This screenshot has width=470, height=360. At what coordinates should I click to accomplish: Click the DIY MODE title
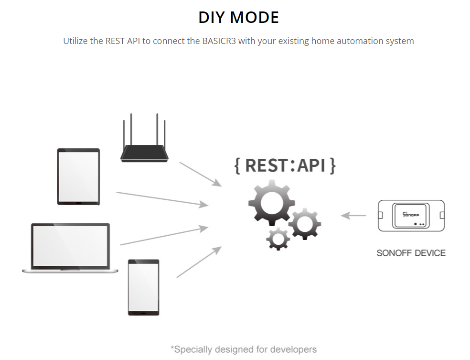[x=239, y=17]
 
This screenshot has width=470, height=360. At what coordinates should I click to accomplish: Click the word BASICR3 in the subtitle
[x=219, y=41]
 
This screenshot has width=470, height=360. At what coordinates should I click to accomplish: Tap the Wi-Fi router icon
[x=144, y=138]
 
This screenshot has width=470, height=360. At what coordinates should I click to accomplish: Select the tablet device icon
[x=78, y=177]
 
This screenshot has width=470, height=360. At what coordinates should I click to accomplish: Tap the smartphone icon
[x=144, y=287]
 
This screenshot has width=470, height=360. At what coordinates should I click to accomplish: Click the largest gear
[x=272, y=203]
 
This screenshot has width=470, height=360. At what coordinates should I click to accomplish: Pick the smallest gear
[x=278, y=239]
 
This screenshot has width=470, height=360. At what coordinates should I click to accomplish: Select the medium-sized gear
[x=305, y=223]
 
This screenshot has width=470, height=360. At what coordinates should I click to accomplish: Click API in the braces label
[x=311, y=165]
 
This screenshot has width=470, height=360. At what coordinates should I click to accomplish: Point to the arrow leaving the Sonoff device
[x=353, y=216]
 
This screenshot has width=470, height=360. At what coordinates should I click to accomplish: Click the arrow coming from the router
[x=201, y=175]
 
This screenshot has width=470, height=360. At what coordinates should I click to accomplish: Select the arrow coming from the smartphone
[x=199, y=262]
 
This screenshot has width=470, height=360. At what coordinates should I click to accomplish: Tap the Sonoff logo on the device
[x=411, y=215]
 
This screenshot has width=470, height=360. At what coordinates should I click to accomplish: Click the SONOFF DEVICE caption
[x=411, y=253]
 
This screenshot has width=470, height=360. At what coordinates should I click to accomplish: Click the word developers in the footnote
[x=293, y=349]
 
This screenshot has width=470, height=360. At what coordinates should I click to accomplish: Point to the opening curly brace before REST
[x=237, y=165]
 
